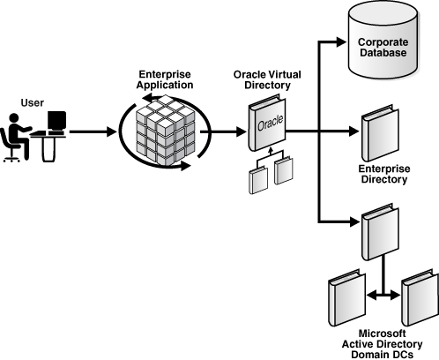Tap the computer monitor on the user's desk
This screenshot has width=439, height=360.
click(56, 123)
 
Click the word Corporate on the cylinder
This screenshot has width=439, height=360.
click(382, 41)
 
